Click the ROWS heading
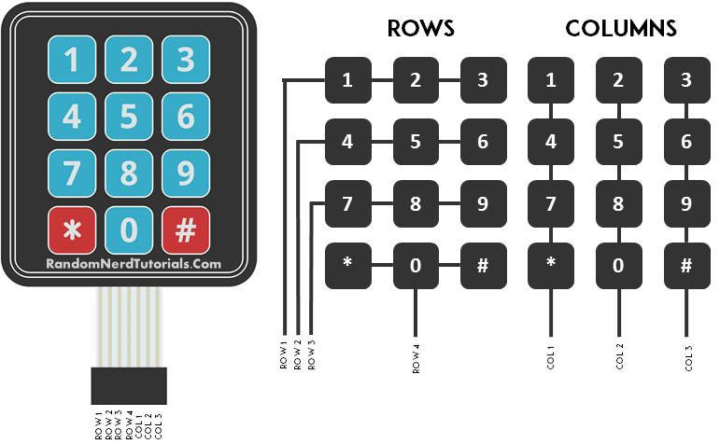[420, 29]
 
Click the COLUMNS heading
[621, 29]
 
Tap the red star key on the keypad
[71, 229]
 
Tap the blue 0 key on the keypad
[128, 229]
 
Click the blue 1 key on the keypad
[71, 61]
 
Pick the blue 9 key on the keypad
[185, 173]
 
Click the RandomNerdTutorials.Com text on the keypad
[134, 264]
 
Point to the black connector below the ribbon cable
[129, 385]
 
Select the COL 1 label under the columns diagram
[551, 358]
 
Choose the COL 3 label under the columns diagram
[687, 358]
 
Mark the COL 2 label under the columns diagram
[619, 358]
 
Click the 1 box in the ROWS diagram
[347, 80]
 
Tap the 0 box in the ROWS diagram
[416, 265]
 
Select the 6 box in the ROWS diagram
[483, 143]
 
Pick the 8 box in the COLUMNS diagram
[619, 204]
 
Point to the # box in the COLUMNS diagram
[687, 265]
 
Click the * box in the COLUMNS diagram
[551, 265]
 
